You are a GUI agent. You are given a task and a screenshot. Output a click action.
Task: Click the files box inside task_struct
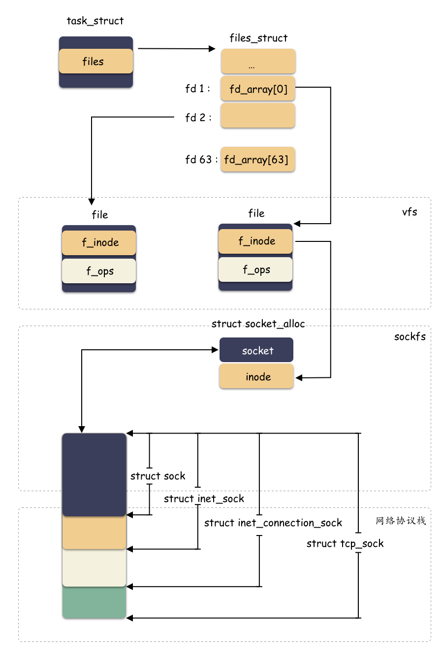point(95,62)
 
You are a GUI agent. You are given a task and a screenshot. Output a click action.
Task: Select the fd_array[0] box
point(258,89)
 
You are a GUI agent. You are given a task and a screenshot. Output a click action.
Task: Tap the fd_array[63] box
point(257,160)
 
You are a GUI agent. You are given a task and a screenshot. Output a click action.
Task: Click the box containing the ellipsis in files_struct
point(258,62)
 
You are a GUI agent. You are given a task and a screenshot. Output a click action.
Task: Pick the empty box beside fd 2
point(258,116)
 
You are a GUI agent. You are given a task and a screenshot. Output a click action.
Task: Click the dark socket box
point(256,350)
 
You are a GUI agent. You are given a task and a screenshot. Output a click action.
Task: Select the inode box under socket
point(256,376)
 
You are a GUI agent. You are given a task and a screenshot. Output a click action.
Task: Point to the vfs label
point(409,212)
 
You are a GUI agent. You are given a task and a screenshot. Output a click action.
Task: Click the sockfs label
point(410,336)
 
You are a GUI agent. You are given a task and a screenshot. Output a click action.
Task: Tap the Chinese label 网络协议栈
point(401,521)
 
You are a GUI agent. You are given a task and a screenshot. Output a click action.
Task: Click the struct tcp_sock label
point(345,543)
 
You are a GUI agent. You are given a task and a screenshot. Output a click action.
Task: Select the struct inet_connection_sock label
point(273,523)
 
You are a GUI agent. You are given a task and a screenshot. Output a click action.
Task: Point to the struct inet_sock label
point(204,499)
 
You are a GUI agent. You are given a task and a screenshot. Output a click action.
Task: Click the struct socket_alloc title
point(258,324)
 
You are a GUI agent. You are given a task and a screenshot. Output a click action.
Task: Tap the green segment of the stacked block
point(94,603)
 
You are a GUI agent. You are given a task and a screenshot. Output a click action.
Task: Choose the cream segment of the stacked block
point(94,568)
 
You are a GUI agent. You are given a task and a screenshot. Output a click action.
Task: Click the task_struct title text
point(95,21)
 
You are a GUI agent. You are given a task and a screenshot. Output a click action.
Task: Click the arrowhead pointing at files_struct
point(212,49)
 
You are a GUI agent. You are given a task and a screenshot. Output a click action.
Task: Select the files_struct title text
point(258,38)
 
